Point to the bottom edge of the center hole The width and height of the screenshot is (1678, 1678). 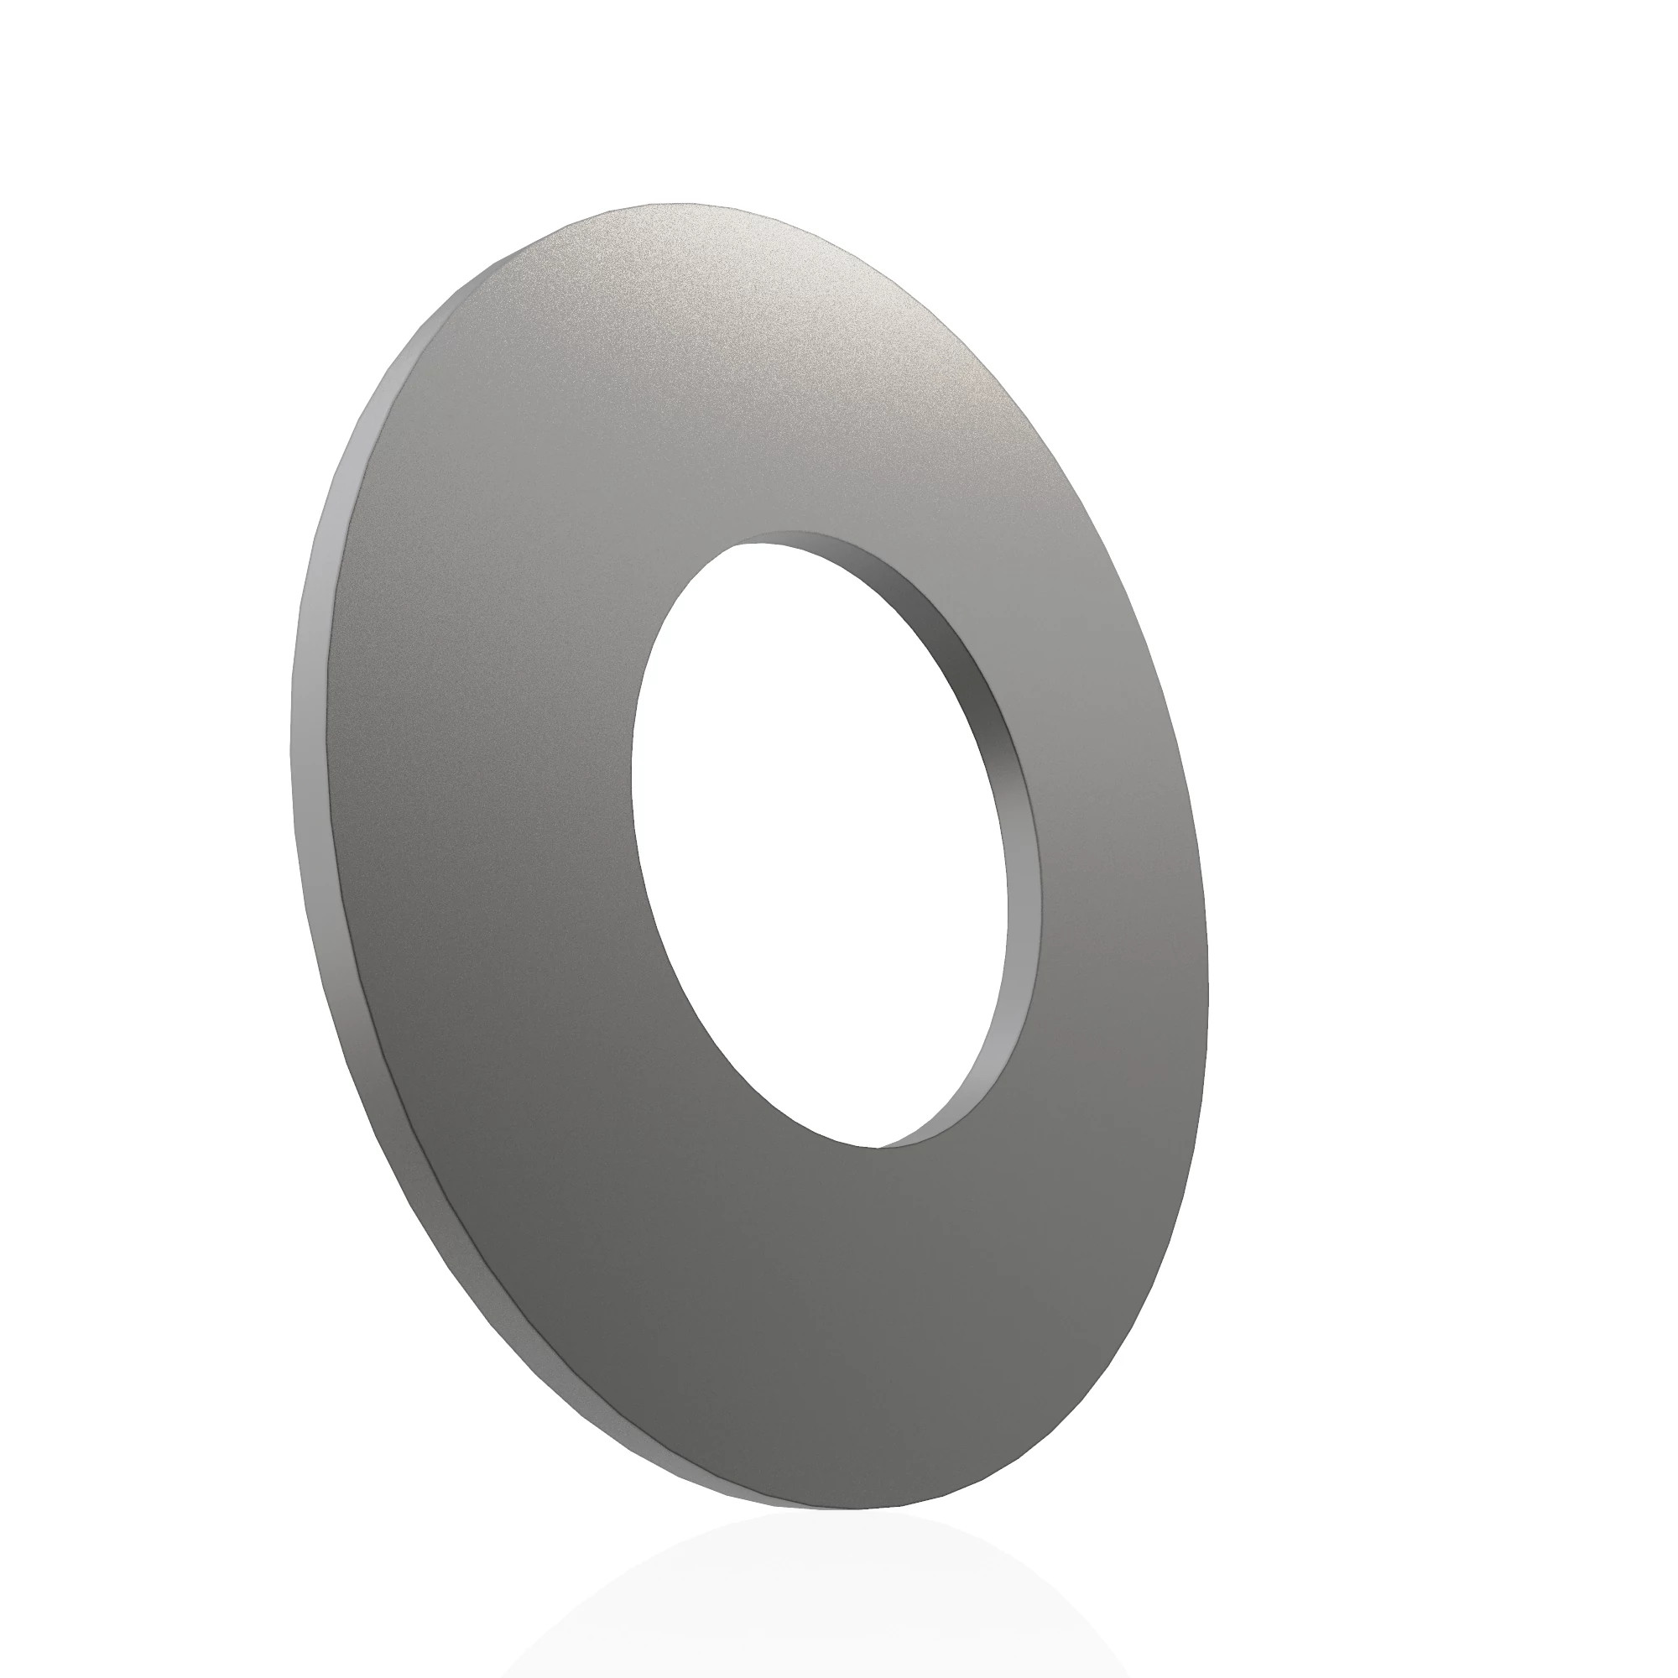(878, 1147)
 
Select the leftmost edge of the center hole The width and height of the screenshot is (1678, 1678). (632, 782)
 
